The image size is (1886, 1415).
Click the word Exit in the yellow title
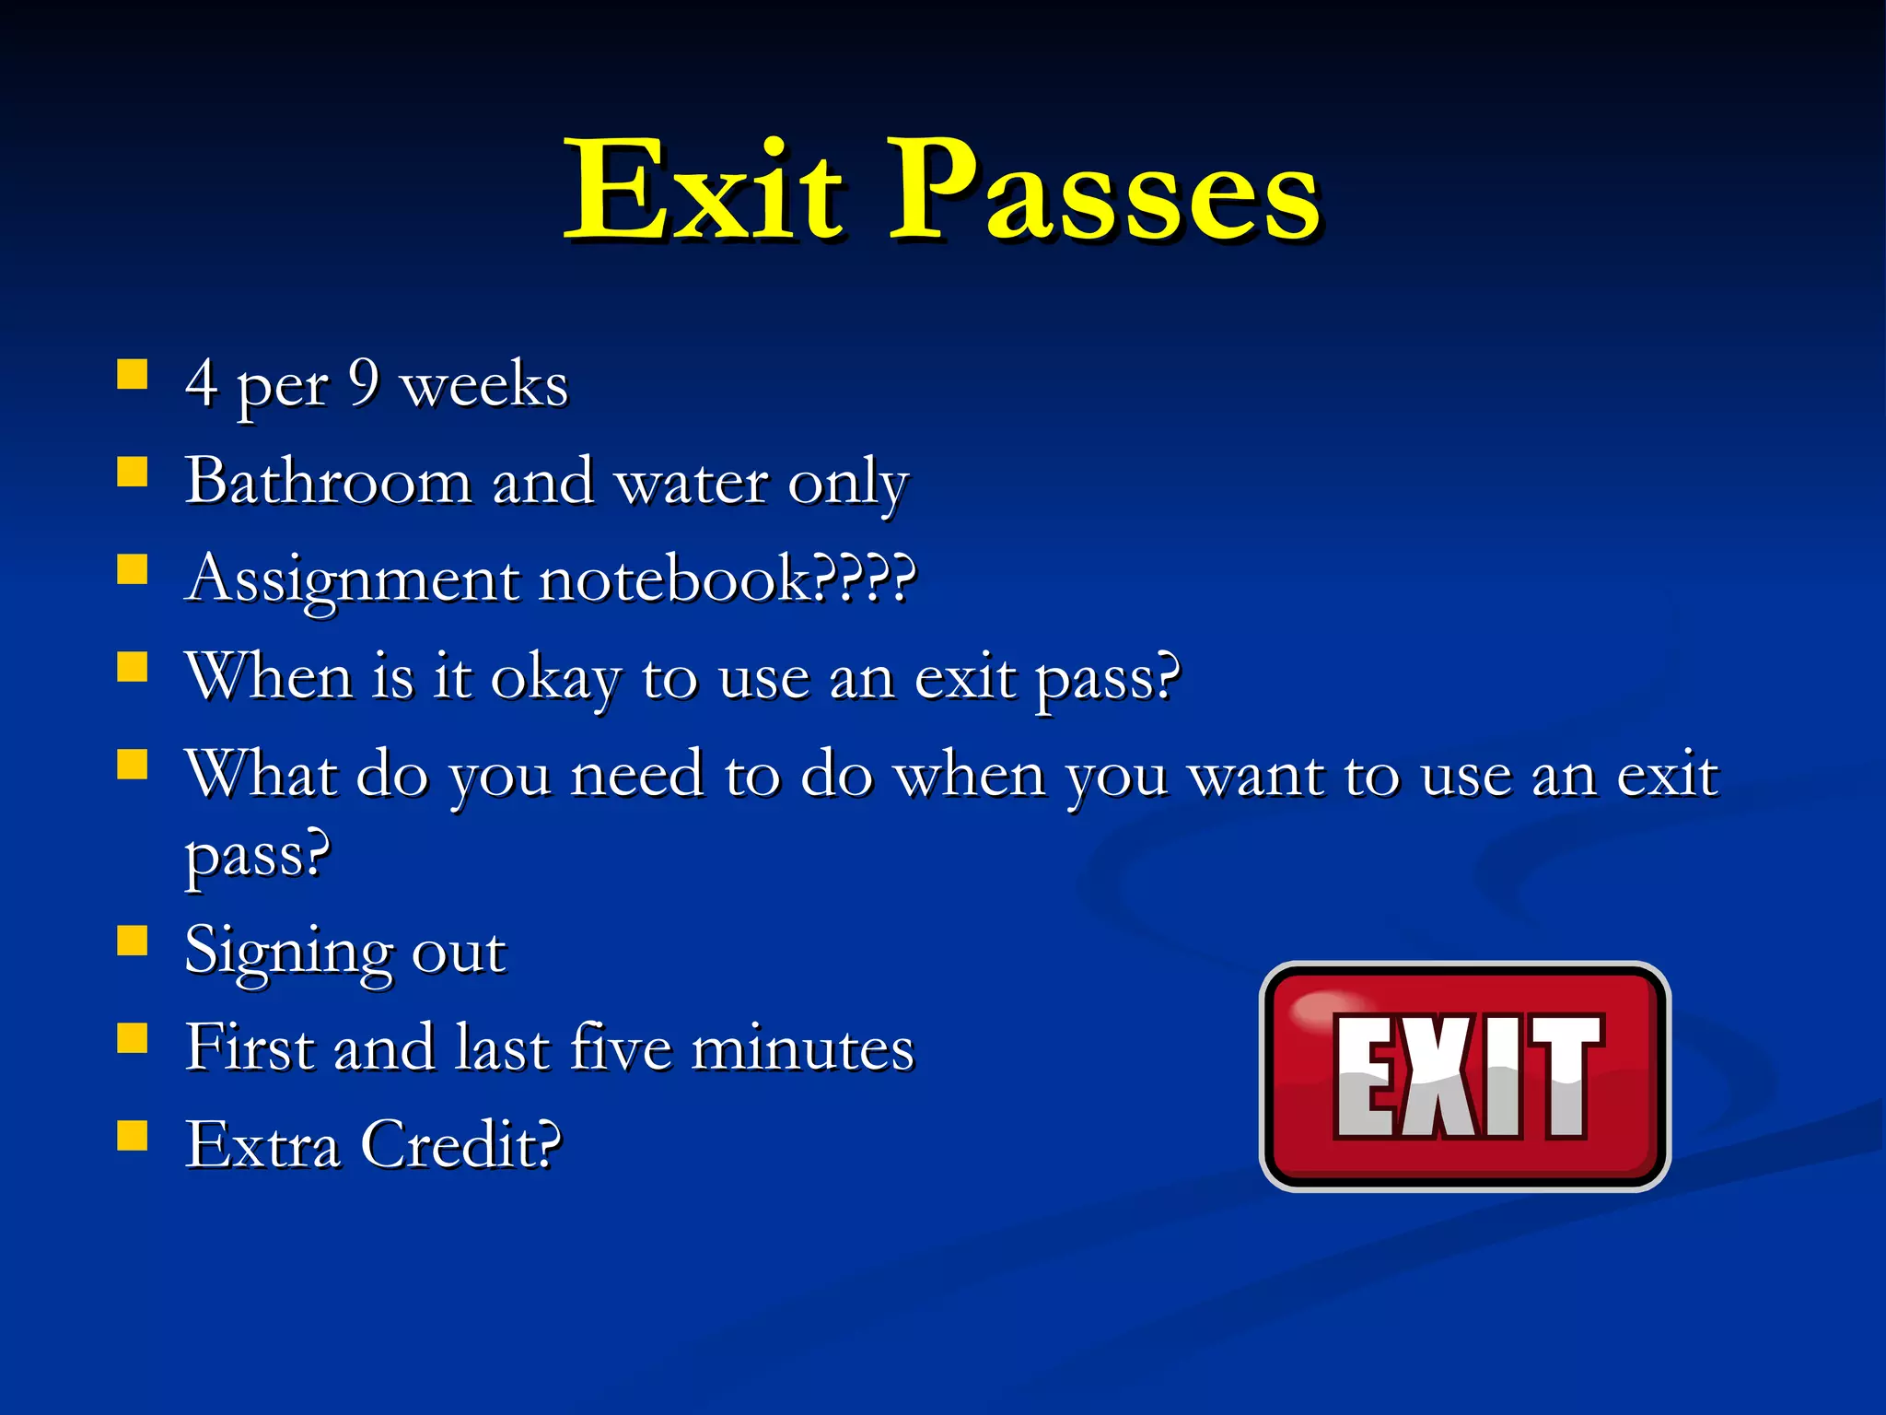click(704, 191)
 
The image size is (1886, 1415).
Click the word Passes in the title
click(1105, 191)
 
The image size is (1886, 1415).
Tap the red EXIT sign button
click(1464, 1076)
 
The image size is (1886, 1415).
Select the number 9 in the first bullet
click(365, 381)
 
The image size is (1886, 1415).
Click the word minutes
click(803, 1048)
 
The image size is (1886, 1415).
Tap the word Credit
click(460, 1144)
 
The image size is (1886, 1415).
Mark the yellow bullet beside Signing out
click(133, 941)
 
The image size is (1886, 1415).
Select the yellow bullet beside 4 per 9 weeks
click(133, 375)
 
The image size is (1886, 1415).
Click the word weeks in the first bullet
click(484, 383)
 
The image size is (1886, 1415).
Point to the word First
click(250, 1047)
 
